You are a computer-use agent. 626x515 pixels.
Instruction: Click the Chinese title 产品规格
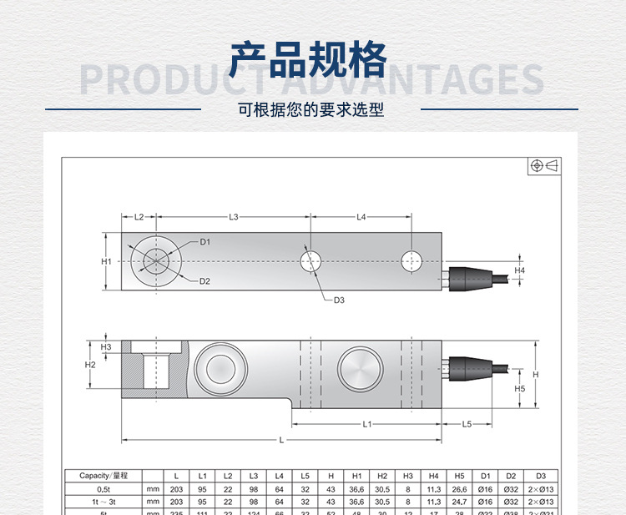310,59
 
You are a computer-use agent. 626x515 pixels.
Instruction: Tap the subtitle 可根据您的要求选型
310,110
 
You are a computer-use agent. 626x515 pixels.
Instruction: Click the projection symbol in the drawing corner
544,165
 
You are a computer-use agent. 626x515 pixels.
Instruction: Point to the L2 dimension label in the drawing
139,217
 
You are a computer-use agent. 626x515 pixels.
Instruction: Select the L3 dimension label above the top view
234,217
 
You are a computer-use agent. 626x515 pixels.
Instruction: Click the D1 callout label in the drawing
204,242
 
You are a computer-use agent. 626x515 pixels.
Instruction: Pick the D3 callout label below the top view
339,300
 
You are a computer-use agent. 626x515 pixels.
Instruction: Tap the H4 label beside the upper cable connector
520,270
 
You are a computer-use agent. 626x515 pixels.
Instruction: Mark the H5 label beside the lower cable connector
519,388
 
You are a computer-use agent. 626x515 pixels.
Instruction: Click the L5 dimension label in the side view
467,424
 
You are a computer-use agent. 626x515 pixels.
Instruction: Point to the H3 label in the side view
106,346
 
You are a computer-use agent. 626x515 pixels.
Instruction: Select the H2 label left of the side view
91,365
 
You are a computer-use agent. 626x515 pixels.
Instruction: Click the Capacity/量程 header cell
104,475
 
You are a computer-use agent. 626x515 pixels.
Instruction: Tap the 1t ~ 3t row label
103,502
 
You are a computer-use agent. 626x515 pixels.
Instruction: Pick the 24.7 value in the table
460,502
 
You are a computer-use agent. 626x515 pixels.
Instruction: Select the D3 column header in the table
540,475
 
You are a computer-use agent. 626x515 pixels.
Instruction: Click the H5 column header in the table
460,475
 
